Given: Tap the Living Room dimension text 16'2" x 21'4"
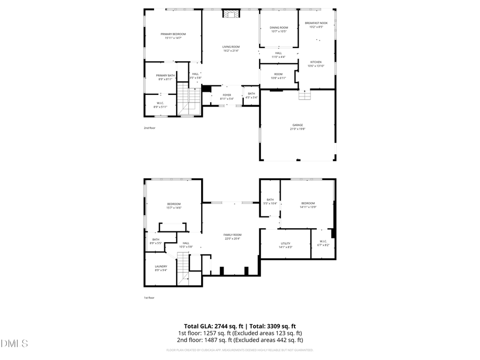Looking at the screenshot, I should click(231, 51).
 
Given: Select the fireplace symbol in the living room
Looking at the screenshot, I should click(231, 14).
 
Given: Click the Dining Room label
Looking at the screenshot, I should click(278, 28).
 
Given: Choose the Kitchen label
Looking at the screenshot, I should click(316, 62).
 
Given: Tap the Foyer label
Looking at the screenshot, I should click(227, 94).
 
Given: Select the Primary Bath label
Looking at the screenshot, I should click(165, 76).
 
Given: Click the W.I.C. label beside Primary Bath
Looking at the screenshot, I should click(160, 103).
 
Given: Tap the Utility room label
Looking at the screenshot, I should click(285, 243).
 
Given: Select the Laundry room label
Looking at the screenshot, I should click(161, 266).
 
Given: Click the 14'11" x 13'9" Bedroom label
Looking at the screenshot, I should click(308, 203).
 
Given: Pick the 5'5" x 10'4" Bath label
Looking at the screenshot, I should click(270, 200).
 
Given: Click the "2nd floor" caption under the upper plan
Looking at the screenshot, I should click(149, 128).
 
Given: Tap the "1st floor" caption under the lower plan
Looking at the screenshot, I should click(149, 298).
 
